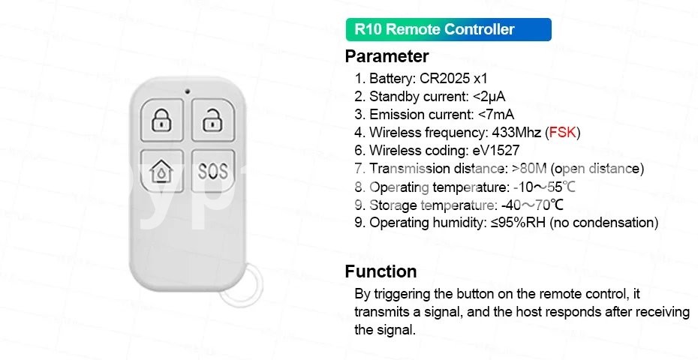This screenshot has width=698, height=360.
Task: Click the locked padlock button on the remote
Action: (x=161, y=120)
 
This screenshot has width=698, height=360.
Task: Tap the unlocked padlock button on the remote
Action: (x=213, y=120)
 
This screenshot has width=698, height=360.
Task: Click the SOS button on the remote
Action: (x=213, y=171)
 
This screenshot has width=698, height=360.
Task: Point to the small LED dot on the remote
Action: (x=188, y=91)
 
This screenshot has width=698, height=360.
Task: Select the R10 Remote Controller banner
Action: (x=448, y=29)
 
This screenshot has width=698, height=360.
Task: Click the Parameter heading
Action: (x=387, y=56)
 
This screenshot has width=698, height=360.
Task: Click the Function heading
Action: (x=381, y=271)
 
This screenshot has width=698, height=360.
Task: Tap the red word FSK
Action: (x=563, y=133)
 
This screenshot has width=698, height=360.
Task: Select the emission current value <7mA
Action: (x=496, y=115)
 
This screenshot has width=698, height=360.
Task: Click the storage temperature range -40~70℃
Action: (x=532, y=205)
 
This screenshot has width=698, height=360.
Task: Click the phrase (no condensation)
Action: (x=604, y=223)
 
